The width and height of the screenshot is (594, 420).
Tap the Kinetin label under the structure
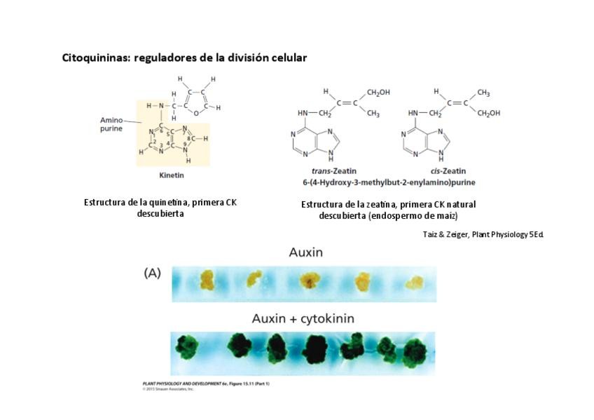click(172, 175)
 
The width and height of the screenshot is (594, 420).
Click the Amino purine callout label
click(111, 125)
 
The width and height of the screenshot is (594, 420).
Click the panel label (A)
click(152, 273)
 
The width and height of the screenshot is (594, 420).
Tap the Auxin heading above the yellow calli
click(305, 252)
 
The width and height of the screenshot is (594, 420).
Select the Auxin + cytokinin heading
click(303, 318)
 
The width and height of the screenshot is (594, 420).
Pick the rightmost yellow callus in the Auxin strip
click(415, 282)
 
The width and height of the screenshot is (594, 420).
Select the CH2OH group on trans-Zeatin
click(378, 93)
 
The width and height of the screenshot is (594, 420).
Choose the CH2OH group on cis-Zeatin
click(489, 114)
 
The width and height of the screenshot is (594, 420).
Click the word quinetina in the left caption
click(165, 203)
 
